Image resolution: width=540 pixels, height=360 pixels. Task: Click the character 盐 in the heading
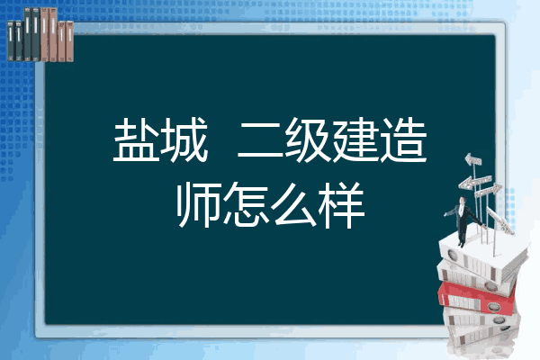[x=137, y=139]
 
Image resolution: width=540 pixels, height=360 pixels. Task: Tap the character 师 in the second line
[x=199, y=204]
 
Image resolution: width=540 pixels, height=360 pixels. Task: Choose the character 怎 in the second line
[x=246, y=204]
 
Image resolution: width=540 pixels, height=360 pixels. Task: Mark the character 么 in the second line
[x=293, y=204]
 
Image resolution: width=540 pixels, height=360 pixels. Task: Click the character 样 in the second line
[x=341, y=204]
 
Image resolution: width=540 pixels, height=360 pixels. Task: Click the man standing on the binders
[x=463, y=221]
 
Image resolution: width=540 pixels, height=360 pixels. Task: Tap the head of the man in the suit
[x=463, y=201]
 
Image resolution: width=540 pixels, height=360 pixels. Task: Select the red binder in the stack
[x=476, y=297]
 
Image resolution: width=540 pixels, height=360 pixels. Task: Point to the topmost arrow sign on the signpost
[x=473, y=159]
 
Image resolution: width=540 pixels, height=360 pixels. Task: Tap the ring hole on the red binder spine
[x=493, y=306]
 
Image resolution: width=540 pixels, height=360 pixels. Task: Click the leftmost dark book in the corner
[x=11, y=41]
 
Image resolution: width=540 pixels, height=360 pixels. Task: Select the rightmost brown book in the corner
[x=70, y=41]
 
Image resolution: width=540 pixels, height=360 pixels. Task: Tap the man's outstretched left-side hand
[x=445, y=214]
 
